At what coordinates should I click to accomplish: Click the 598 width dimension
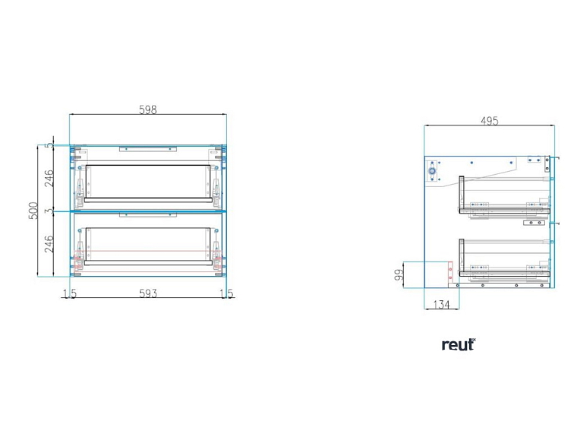pos(148,109)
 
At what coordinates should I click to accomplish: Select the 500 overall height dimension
pos(33,211)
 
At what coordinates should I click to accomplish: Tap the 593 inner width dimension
pos(148,293)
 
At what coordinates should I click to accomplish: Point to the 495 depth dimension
pos(490,121)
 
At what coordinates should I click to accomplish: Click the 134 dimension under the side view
pos(441,304)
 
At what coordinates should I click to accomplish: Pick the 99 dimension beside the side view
pos(399,274)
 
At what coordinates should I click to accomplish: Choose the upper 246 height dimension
pos(49,178)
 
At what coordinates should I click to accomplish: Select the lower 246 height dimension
pos(49,244)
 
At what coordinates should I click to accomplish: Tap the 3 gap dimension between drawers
pos(49,211)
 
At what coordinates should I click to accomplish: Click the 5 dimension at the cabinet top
pos(49,145)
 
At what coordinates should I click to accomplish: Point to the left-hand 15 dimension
pos(70,293)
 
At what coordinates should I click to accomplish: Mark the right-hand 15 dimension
pos(226,293)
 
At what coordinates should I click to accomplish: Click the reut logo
pos(459,344)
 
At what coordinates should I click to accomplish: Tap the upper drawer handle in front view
pos(148,149)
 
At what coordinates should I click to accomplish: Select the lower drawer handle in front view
pos(148,215)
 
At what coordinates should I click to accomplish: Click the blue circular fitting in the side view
pos(432,171)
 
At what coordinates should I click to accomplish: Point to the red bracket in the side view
pos(450,272)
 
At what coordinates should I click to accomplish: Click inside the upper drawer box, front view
pos(148,182)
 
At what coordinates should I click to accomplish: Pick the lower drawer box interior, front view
pos(148,245)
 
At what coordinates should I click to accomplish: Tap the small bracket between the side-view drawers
pos(534,223)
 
